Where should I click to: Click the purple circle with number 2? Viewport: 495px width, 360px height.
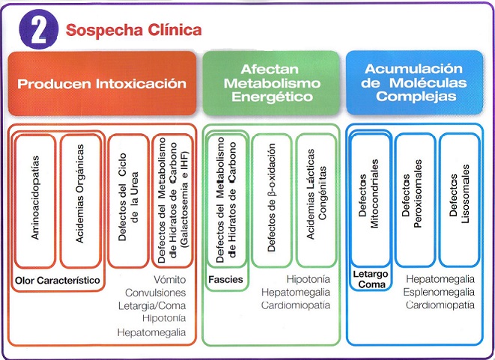click(x=39, y=29)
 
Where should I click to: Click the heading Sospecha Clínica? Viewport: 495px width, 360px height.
click(x=133, y=30)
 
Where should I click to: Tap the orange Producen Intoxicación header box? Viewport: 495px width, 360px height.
click(x=102, y=83)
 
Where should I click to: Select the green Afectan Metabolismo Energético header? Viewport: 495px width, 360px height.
click(x=271, y=83)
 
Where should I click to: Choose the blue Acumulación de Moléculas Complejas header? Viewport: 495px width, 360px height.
click(x=415, y=82)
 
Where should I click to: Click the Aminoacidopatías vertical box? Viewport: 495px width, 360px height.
click(x=35, y=201)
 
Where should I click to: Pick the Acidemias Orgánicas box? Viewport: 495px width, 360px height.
click(x=80, y=201)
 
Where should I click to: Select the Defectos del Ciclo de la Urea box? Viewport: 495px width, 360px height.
click(x=128, y=201)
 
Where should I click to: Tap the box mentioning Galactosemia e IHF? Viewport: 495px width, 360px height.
click(x=172, y=201)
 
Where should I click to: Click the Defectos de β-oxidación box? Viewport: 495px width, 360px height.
click(x=272, y=201)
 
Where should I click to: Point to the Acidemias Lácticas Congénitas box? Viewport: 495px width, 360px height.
click(x=316, y=201)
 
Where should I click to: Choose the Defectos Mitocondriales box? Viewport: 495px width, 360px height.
click(x=371, y=200)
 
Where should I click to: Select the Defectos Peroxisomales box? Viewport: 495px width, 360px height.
click(x=416, y=200)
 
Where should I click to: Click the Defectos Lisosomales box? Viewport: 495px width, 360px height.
click(x=460, y=200)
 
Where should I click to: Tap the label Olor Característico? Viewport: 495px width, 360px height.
click(x=58, y=280)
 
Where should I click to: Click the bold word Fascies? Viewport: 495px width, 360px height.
click(x=225, y=280)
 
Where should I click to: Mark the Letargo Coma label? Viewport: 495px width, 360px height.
click(x=371, y=279)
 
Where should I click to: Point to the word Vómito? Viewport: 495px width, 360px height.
click(x=170, y=280)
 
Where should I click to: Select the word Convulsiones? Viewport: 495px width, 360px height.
click(x=155, y=293)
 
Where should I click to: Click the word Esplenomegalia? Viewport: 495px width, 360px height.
click(x=439, y=292)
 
